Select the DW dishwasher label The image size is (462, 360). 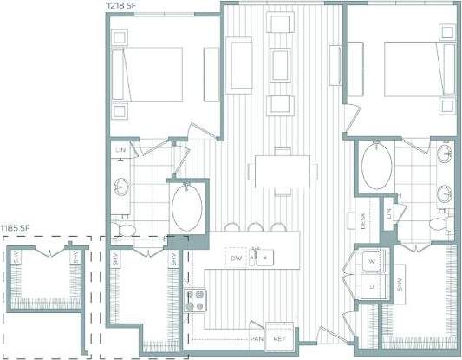[235, 259]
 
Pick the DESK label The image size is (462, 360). [362, 222]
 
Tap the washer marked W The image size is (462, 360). [373, 259]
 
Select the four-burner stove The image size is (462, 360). [198, 301]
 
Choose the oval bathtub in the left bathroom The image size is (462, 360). [188, 206]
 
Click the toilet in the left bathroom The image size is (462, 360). [127, 228]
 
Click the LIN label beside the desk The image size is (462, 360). [390, 213]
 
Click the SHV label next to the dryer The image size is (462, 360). [400, 284]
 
